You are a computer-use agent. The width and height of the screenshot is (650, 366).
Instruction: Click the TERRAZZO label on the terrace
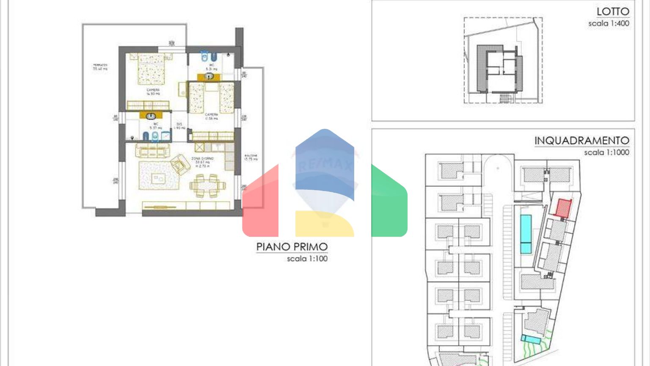tap(100, 67)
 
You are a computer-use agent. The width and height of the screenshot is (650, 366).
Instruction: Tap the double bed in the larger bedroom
tap(150, 69)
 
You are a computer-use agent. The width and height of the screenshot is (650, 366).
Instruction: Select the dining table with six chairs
tap(207, 186)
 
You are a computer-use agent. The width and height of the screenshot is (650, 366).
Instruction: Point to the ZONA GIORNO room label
tap(202, 161)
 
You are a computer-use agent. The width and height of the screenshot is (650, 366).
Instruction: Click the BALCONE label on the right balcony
tap(251, 157)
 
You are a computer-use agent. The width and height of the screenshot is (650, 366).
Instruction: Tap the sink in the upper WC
tap(209, 77)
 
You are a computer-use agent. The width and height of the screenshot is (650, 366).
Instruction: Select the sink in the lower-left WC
tap(151, 116)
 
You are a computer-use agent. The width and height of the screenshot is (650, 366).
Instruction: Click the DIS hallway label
tap(179, 126)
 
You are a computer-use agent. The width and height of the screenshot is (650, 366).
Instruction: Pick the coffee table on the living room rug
tap(159, 179)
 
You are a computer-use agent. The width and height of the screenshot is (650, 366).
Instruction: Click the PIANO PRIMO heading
tap(292, 247)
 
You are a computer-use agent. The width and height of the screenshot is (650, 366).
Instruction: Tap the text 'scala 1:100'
tap(307, 258)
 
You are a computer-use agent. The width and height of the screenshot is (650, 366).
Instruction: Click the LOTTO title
tap(613, 11)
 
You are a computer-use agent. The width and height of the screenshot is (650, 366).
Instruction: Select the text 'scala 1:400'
tap(609, 24)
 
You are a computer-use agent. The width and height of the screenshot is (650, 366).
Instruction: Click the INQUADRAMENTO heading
tap(581, 140)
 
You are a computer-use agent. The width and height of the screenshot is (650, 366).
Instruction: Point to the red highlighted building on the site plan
tap(563, 208)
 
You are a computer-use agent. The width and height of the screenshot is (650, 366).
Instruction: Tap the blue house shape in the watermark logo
tap(325, 165)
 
